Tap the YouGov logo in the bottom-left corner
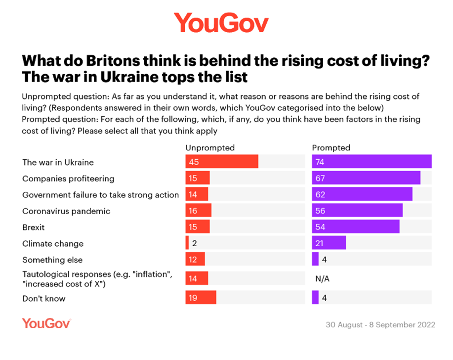[x=46, y=323]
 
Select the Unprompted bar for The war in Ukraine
[x=222, y=162]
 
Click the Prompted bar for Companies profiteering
[x=366, y=178]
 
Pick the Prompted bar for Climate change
[x=329, y=243]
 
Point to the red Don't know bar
[x=201, y=297]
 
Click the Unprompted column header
[x=210, y=148]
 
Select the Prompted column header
[x=331, y=148]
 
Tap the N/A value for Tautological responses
[x=322, y=279]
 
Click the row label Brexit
[x=34, y=227]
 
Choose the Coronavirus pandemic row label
[x=66, y=211]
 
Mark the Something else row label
[x=52, y=260]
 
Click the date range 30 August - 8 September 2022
[x=380, y=325]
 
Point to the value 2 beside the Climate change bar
[x=195, y=243]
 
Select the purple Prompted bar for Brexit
[x=356, y=226]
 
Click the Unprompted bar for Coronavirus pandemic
[x=198, y=211]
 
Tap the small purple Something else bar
[x=315, y=259]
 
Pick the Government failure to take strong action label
[x=100, y=195]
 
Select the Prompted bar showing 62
[x=362, y=194]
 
